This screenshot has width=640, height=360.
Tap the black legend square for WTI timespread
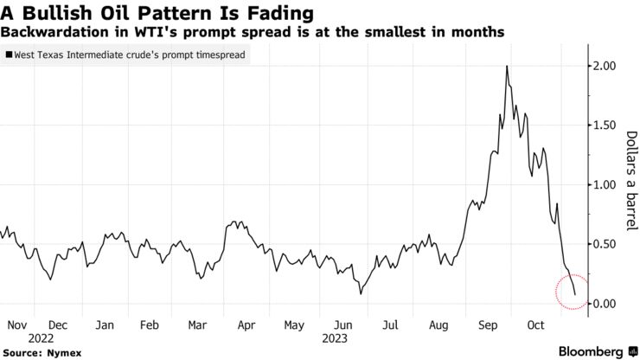click(x=9, y=54)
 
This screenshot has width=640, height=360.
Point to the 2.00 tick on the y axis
click(x=605, y=67)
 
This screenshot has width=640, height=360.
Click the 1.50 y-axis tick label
click(x=605, y=125)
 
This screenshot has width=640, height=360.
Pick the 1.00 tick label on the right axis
click(x=605, y=185)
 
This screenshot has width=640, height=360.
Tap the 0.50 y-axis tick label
click(x=605, y=245)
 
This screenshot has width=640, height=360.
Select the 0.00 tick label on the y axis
click(x=605, y=304)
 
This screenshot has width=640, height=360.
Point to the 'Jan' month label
click(x=105, y=326)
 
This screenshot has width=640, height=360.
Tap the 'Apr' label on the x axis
click(x=246, y=326)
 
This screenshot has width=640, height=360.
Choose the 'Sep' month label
click(x=486, y=326)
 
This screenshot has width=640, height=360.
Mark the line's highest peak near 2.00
click(x=506, y=67)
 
